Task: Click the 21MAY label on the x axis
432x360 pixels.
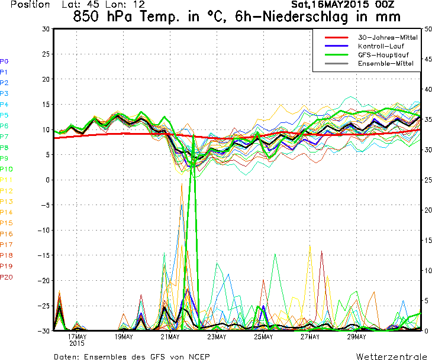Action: [170, 337]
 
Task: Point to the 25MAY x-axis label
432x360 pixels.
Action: [263, 337]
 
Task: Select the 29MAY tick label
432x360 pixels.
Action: [356, 337]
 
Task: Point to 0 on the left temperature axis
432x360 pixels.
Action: [48, 180]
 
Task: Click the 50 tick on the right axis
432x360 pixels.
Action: [427, 29]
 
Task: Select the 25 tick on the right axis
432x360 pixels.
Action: [427, 180]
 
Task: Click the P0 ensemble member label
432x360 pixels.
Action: [4, 61]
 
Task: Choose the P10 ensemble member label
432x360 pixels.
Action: [6, 169]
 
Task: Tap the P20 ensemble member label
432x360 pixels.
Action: [7, 277]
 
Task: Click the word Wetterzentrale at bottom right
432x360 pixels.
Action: [391, 356]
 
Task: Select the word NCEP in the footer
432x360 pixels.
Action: [198, 356]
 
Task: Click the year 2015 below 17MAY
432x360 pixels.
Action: [77, 343]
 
